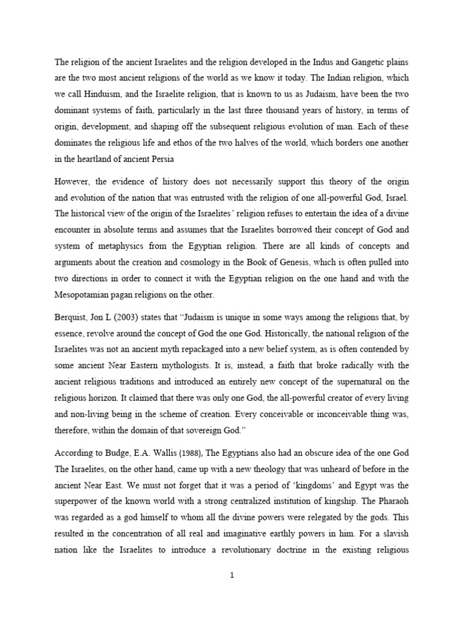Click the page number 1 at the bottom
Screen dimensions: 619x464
pyautogui.click(x=232, y=575)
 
